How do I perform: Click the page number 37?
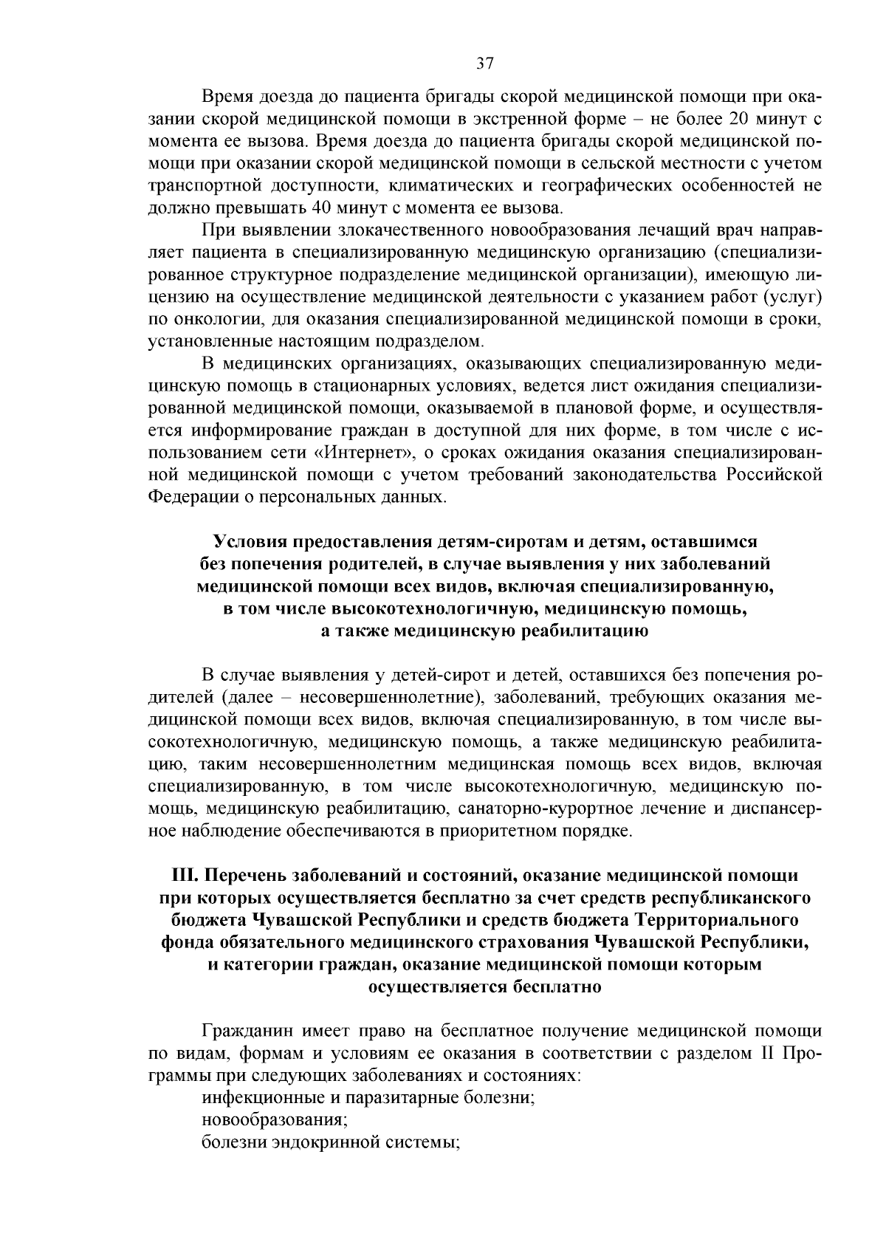coord(484,63)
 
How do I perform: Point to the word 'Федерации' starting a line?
coord(191,496)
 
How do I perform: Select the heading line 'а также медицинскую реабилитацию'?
coord(484,631)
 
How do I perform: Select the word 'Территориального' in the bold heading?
coord(727,920)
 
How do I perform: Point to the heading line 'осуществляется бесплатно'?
coord(484,986)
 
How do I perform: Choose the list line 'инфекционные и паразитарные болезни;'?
coord(368,1097)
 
